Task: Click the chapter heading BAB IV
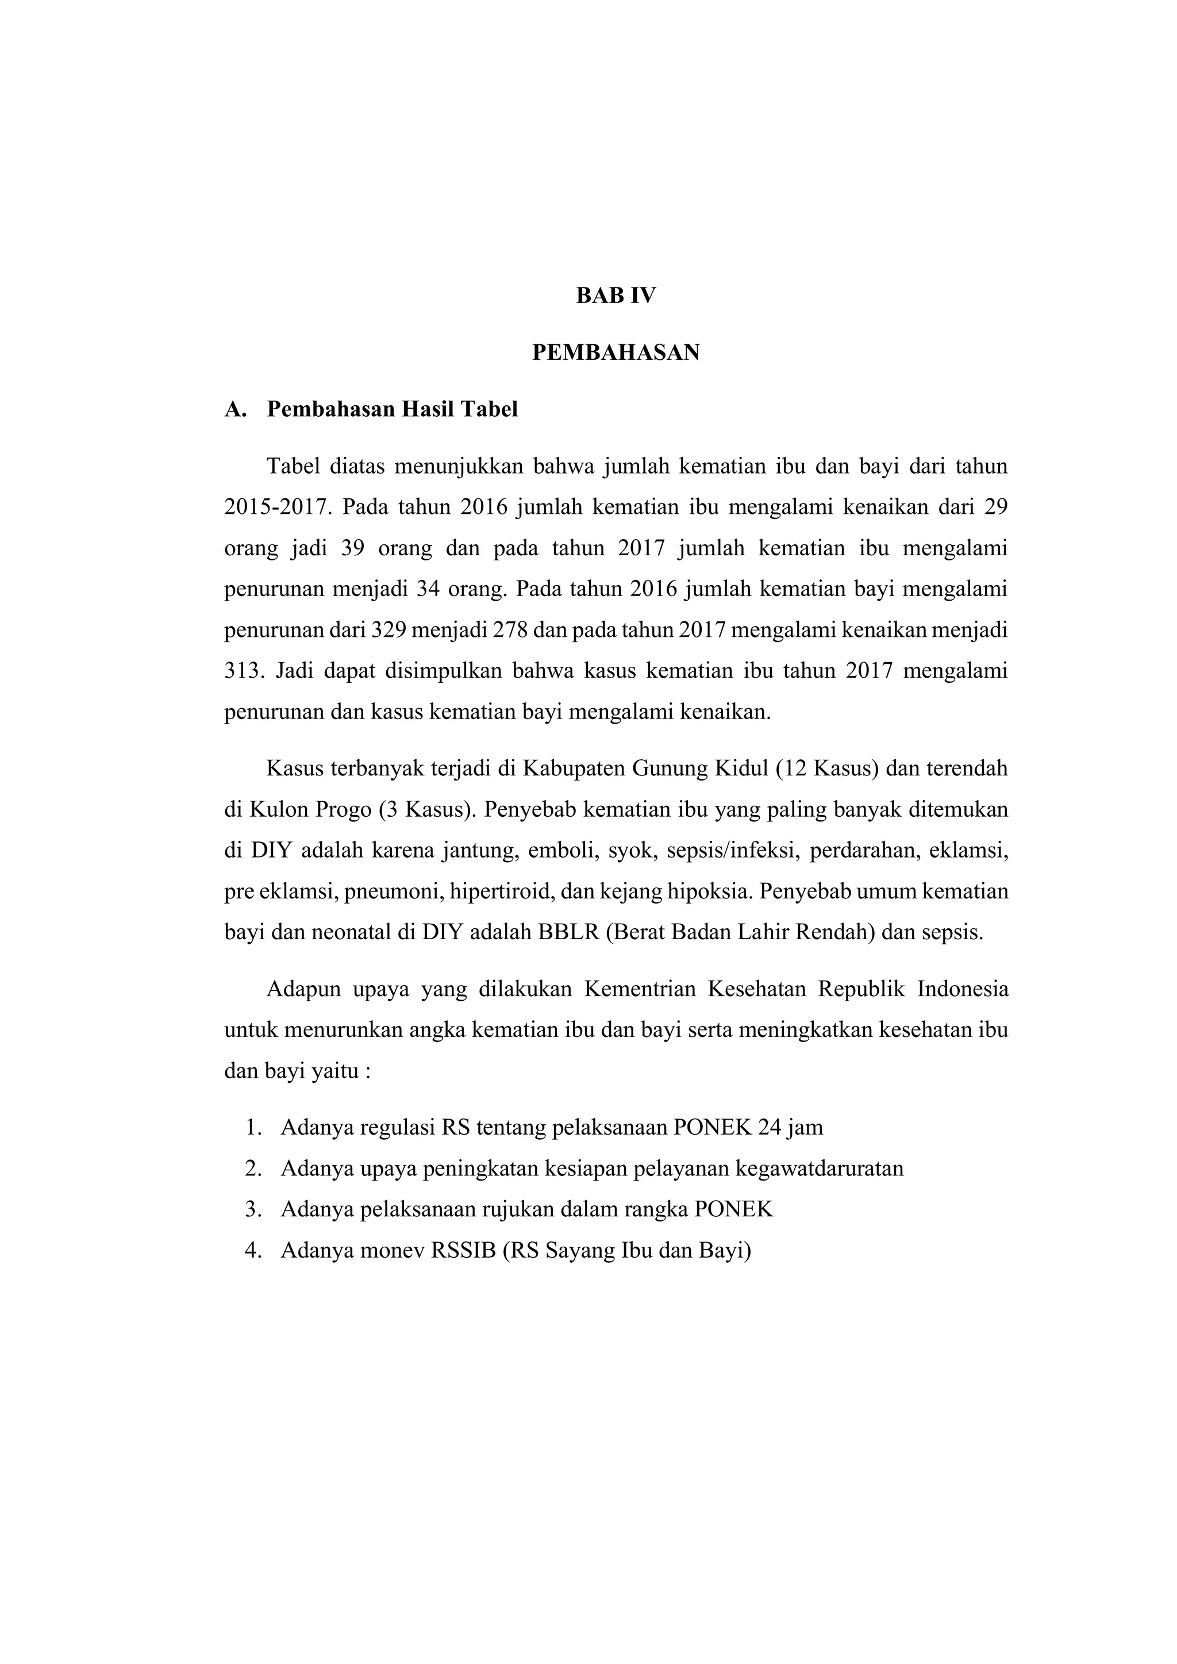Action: click(x=616, y=295)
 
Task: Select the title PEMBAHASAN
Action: click(x=616, y=353)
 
